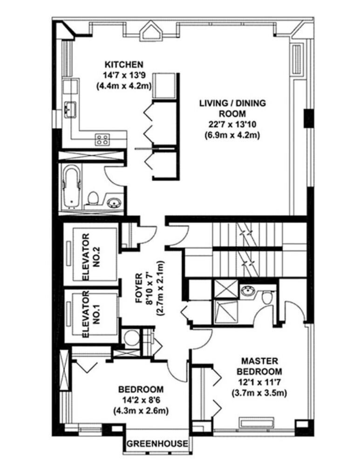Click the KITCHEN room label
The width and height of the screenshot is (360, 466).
[124, 64]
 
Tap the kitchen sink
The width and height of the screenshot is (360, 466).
[70, 109]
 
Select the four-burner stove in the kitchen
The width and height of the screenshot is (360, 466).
[102, 139]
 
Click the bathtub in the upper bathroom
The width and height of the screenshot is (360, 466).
[72, 186]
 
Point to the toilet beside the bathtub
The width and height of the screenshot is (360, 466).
[93, 198]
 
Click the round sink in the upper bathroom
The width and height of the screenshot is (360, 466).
[115, 202]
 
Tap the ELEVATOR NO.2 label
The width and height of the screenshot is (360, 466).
[91, 257]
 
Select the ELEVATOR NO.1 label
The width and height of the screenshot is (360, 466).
[91, 314]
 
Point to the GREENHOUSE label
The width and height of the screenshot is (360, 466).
[157, 444]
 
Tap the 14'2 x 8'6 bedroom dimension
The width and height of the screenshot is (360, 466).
[141, 400]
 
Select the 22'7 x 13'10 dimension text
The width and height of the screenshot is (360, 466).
[232, 124]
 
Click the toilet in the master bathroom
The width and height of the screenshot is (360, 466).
[268, 297]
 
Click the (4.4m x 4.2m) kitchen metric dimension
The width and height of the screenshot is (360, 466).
[124, 86]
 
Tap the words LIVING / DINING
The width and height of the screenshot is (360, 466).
[232, 103]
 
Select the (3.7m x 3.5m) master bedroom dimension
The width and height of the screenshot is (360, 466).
[259, 393]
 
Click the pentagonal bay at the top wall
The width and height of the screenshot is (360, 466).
[152, 31]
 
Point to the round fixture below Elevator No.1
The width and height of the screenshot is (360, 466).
[131, 338]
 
